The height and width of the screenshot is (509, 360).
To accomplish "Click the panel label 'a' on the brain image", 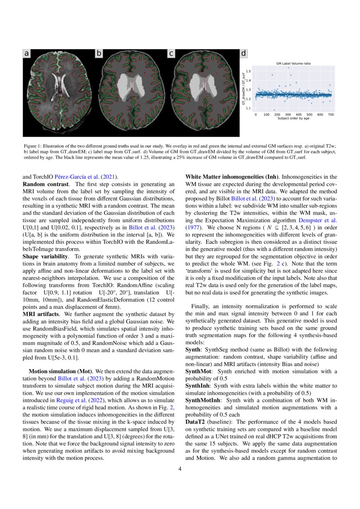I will (x=27, y=54).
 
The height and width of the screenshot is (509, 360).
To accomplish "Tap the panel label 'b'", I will (x=99, y=54).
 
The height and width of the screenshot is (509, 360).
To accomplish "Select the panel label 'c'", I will (x=172, y=54).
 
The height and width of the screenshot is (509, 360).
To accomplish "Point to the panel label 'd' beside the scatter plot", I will (x=244, y=54).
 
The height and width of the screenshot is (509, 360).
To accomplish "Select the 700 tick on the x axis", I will (x=331, y=115).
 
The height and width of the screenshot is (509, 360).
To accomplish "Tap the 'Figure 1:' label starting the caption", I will (x=33, y=146).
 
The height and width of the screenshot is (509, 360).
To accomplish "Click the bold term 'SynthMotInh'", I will (x=203, y=400).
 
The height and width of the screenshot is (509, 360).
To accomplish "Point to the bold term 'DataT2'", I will (x=195, y=421).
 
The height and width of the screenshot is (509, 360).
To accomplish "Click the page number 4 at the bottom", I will (x=180, y=469).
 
